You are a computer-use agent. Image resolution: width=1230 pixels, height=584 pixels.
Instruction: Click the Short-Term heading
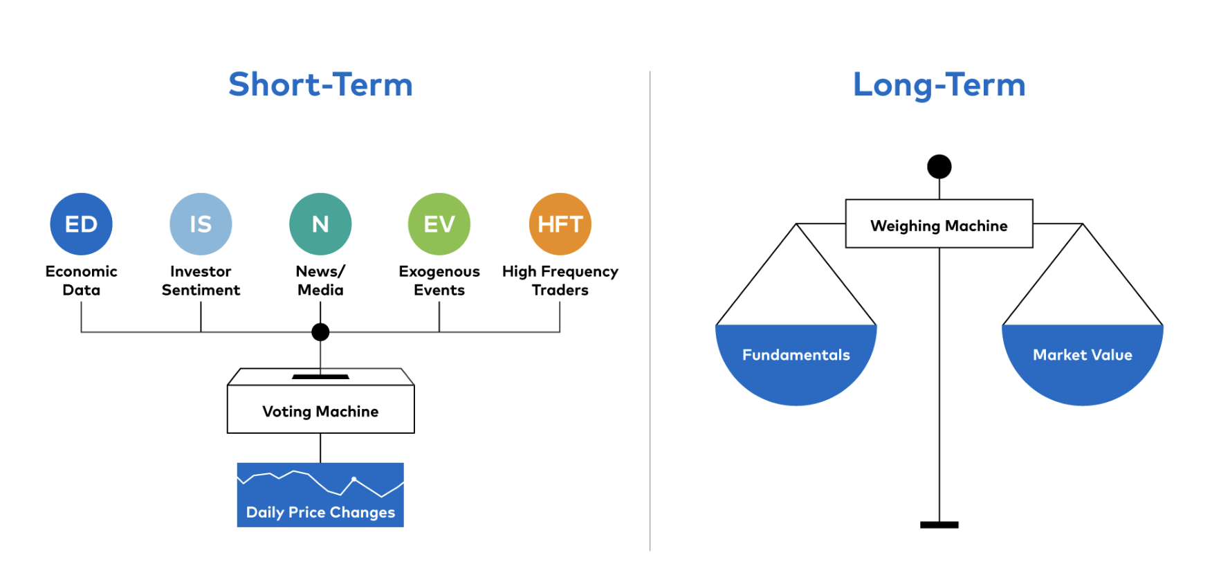320,84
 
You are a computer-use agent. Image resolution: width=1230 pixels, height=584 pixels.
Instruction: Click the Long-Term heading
939,85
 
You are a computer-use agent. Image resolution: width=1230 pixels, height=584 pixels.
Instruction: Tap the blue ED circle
81,224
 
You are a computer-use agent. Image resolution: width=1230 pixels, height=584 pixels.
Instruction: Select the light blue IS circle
201,224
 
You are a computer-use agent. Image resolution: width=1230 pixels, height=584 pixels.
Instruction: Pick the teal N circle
320,224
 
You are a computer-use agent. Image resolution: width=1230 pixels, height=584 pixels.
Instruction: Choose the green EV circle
439,224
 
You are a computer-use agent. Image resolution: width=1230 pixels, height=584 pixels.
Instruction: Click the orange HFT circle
560,224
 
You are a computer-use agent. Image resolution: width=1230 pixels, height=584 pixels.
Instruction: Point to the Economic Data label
81,280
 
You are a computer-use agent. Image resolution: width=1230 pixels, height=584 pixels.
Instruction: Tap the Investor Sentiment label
201,280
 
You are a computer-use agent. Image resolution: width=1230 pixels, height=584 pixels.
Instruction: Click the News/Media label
320,280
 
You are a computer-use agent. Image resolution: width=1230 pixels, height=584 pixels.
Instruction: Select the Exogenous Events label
439,280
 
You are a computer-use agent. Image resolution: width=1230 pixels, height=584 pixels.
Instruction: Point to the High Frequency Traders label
560,280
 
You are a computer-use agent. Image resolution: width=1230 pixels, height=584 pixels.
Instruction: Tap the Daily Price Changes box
320,495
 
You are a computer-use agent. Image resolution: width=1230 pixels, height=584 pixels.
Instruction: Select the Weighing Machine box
939,223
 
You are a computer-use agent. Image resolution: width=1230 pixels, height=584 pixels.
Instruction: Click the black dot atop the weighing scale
939,167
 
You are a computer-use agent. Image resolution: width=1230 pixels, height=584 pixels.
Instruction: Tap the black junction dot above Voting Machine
320,332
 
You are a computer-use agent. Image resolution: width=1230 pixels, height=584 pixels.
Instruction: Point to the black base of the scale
939,525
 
